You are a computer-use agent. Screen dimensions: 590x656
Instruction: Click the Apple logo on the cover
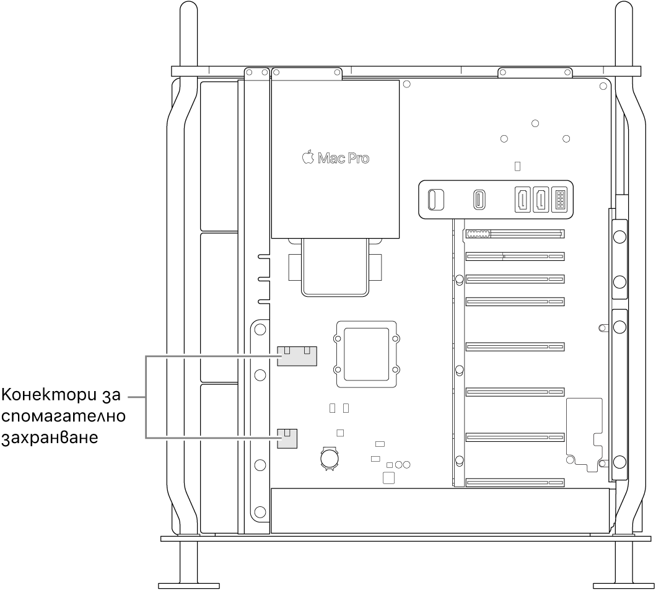(x=308, y=157)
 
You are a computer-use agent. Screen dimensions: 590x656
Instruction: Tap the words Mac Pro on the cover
(x=343, y=158)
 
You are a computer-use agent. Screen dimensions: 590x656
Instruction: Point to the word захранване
(x=50, y=438)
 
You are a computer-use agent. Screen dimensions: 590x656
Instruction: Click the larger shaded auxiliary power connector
(x=297, y=356)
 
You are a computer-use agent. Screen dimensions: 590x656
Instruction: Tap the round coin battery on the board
(x=328, y=458)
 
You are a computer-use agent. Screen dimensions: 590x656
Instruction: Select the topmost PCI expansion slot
(x=514, y=235)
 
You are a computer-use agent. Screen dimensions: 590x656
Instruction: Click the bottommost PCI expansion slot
(x=514, y=482)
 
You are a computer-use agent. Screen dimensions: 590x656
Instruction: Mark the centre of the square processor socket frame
(x=365, y=354)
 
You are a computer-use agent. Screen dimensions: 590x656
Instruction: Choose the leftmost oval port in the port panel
(x=434, y=200)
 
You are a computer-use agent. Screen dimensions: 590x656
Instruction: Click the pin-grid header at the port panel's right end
(x=559, y=200)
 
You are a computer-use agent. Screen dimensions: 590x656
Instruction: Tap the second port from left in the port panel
(x=479, y=200)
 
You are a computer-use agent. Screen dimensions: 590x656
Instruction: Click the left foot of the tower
(x=188, y=584)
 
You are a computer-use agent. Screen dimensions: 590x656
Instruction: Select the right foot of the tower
(x=623, y=584)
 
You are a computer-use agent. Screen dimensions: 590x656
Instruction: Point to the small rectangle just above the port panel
(x=518, y=166)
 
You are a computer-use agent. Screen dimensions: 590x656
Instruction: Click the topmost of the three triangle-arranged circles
(x=535, y=124)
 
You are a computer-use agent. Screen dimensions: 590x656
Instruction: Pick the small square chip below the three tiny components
(x=389, y=477)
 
